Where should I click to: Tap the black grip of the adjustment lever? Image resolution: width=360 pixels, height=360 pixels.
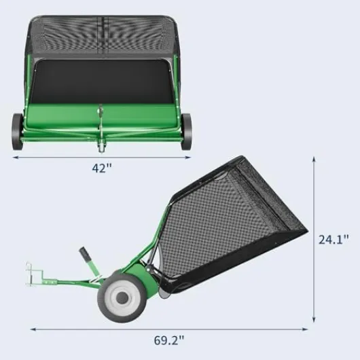point(86,257)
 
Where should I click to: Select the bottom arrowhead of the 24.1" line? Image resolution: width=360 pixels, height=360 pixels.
point(314,322)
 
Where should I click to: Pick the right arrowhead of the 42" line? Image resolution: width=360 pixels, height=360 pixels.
point(190,157)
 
